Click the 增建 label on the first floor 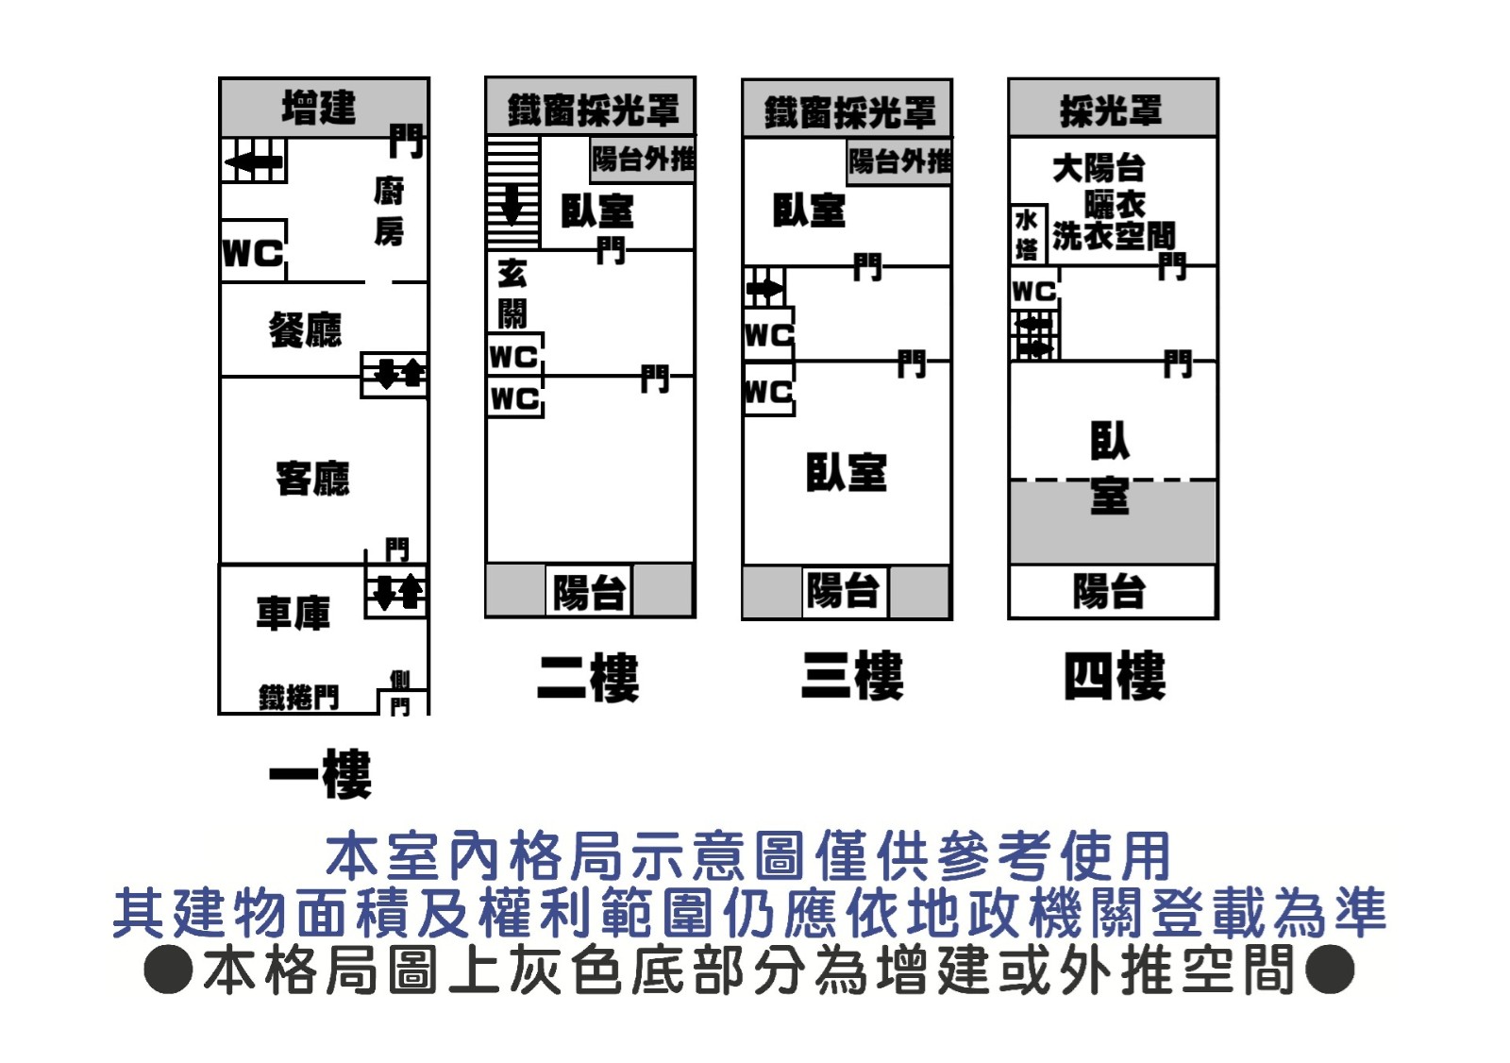pos(319,107)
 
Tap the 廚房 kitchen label pos(388,211)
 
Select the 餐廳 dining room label pos(305,329)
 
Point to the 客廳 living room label pos(312,478)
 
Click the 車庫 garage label pos(293,613)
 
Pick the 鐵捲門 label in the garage pos(298,698)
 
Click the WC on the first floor pos(253,252)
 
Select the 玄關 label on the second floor pos(512,294)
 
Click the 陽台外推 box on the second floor pos(643,159)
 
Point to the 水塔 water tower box pos(1027,234)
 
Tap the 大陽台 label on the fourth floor pos(1099,168)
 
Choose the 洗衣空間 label pos(1114,235)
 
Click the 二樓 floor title pos(588,677)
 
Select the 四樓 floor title pos(1114,676)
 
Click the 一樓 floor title pos(320,774)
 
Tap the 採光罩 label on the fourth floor pos(1111,110)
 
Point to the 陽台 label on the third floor pos(843,591)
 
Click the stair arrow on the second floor pos(512,203)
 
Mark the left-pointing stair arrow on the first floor pos(253,162)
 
